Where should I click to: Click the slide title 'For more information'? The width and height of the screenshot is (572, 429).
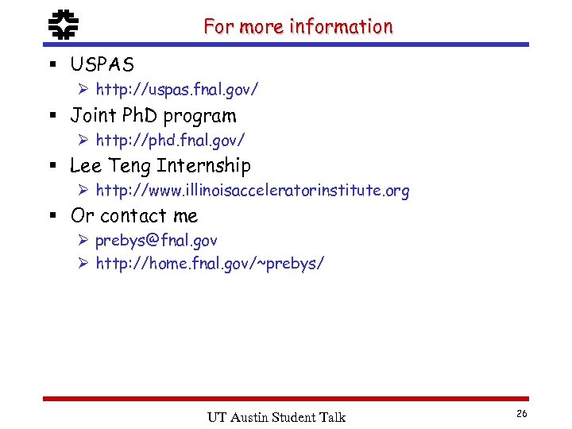click(x=298, y=26)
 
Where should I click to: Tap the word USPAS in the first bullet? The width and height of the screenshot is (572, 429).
click(x=102, y=64)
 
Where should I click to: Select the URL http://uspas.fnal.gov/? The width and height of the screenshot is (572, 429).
click(x=176, y=91)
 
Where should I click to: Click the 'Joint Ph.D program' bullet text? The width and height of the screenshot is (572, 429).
click(x=153, y=115)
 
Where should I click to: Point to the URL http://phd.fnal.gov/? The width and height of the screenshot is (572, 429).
click(x=170, y=141)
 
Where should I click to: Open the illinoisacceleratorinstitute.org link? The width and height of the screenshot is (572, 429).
click(x=253, y=191)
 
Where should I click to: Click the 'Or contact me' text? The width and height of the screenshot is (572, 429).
click(x=134, y=215)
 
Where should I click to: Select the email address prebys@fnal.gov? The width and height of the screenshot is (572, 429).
click(x=157, y=240)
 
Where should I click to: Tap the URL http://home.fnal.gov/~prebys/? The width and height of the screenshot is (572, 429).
click(x=210, y=264)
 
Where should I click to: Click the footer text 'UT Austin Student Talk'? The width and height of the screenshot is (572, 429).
click(x=276, y=417)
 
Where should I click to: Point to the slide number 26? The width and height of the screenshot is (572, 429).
click(x=522, y=414)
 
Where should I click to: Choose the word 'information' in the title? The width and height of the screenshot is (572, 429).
click(x=342, y=26)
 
